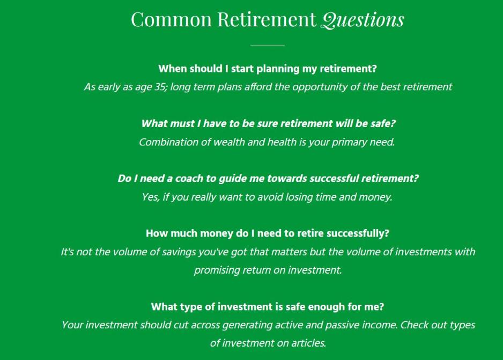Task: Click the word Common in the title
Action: pos(172,19)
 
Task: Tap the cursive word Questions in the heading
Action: pos(362,20)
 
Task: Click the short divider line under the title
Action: pos(267,45)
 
